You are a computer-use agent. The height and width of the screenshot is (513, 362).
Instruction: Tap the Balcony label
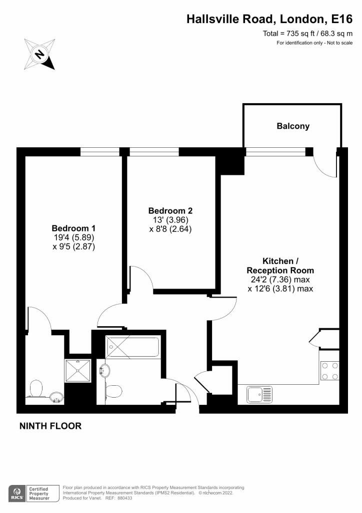(293, 126)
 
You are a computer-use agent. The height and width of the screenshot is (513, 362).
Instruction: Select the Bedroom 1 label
(73, 228)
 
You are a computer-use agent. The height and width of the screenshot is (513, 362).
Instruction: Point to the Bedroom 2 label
(170, 210)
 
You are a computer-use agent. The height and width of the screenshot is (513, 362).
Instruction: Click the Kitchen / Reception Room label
(280, 266)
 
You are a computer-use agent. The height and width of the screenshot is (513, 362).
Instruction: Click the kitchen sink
(259, 394)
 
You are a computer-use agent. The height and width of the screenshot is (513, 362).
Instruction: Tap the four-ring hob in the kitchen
(329, 371)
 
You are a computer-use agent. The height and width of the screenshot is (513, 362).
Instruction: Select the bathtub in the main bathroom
(132, 347)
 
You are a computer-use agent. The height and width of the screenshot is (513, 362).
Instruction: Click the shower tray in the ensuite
(77, 370)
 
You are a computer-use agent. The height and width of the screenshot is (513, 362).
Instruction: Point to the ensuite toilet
(35, 389)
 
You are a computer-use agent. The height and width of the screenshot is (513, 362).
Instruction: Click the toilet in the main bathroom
(113, 391)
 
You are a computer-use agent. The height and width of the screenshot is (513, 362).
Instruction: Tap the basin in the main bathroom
(104, 371)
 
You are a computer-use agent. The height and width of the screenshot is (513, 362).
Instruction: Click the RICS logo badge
(17, 493)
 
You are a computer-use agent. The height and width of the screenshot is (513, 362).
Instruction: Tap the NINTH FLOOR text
(50, 426)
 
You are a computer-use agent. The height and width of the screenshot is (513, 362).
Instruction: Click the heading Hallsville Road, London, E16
(269, 19)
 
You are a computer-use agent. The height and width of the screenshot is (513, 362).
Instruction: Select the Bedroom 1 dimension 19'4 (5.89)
(74, 237)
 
